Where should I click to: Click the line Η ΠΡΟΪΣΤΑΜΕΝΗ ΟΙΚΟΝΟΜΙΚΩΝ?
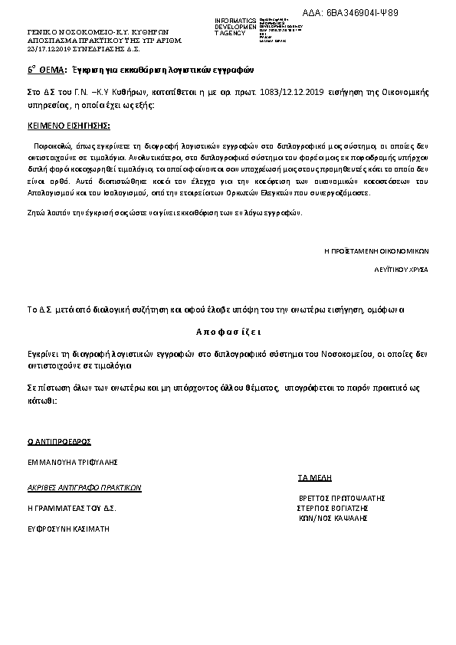376,250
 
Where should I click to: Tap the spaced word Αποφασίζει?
228,332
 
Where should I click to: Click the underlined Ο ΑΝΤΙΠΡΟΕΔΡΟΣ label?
59,441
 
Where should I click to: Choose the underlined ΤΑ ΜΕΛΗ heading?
314,477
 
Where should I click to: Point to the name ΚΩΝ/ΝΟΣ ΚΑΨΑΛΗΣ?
333,518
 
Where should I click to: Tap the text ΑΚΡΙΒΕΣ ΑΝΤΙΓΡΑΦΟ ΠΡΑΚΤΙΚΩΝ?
84,487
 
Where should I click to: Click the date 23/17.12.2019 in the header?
48,48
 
